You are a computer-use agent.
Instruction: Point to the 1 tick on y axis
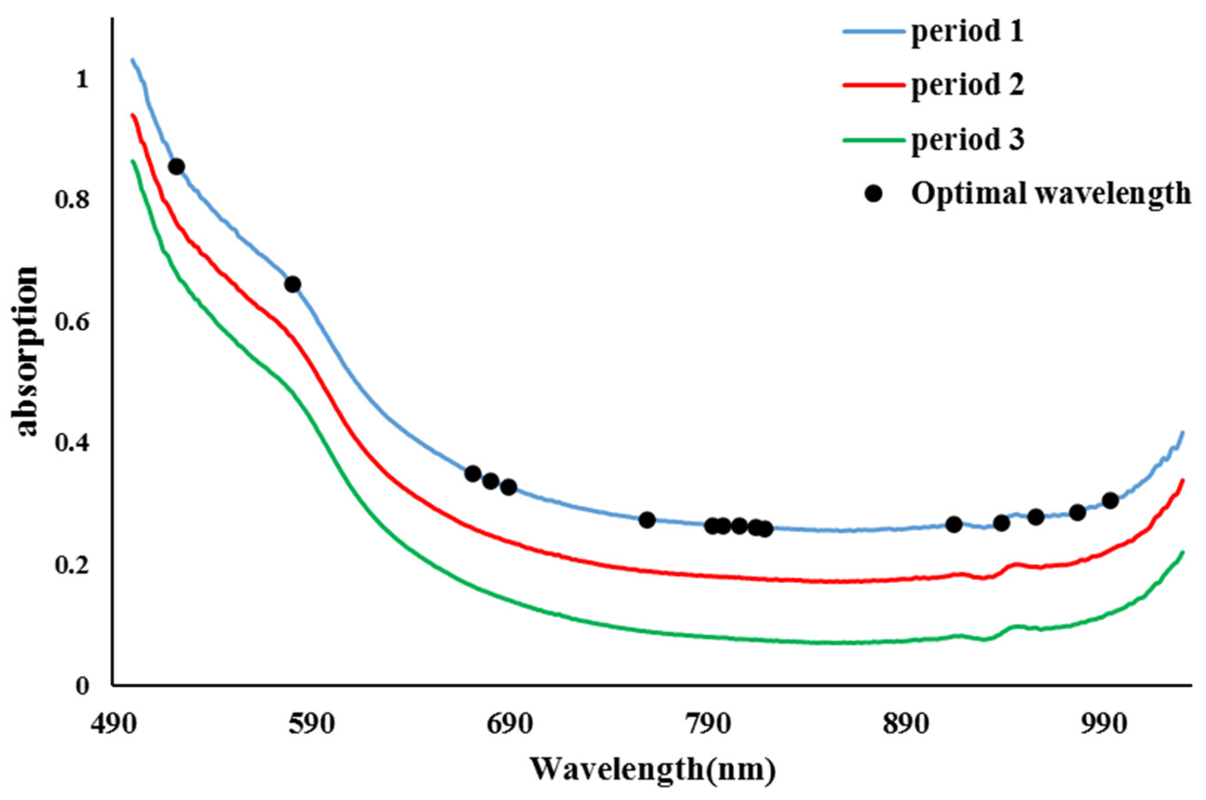(82, 79)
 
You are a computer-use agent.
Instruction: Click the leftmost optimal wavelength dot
(176, 167)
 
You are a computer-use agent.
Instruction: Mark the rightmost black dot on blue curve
(1110, 500)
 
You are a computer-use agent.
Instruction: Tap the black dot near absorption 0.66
(293, 284)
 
